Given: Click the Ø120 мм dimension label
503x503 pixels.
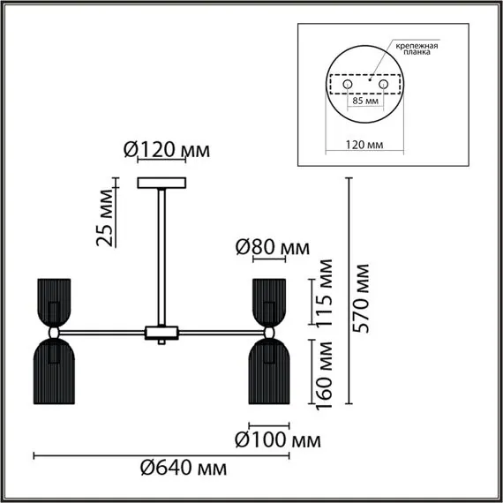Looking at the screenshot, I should [166, 151].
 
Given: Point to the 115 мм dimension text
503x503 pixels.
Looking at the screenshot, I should [326, 293].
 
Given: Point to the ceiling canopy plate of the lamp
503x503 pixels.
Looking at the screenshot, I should [163, 183].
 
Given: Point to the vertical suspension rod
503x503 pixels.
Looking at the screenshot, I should [163, 256].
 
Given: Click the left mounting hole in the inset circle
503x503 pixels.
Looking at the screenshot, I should [347, 83].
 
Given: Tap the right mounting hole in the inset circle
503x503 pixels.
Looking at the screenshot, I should [384, 83].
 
